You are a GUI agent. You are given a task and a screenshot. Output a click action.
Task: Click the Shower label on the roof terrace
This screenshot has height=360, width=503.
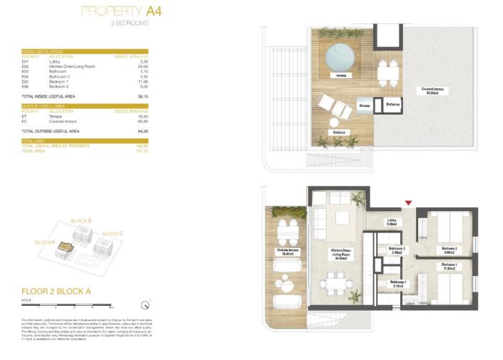(363, 105)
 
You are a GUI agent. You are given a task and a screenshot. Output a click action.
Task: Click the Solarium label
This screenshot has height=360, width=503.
(338, 133)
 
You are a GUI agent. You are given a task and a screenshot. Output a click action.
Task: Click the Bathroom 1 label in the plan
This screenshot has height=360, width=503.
(398, 285)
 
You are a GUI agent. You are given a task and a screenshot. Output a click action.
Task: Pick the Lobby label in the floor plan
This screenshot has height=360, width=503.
(392, 222)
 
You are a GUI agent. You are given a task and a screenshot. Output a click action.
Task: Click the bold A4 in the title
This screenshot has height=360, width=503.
(153, 11)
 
